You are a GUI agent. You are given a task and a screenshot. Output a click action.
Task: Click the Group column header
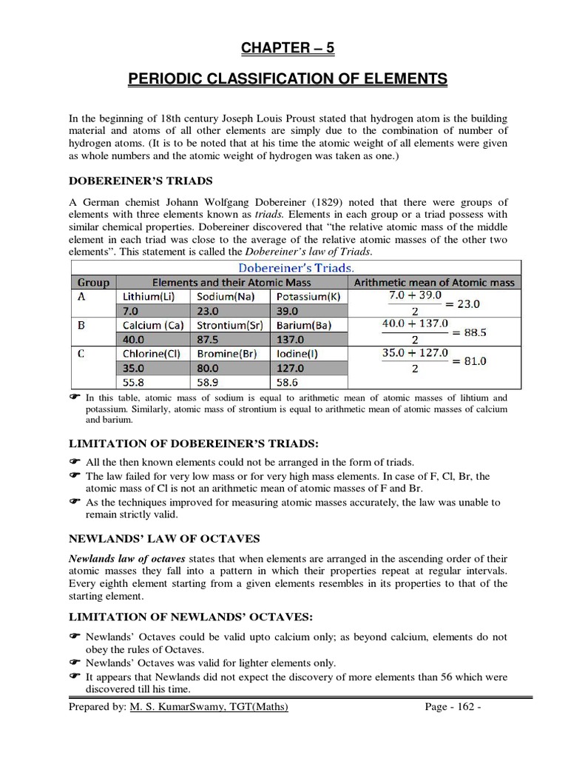tap(93, 282)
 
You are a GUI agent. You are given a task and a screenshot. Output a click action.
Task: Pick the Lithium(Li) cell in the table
tap(152, 296)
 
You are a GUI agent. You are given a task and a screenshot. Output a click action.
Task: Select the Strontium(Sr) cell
tap(230, 324)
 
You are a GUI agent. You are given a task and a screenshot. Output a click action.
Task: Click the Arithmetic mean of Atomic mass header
tap(435, 282)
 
